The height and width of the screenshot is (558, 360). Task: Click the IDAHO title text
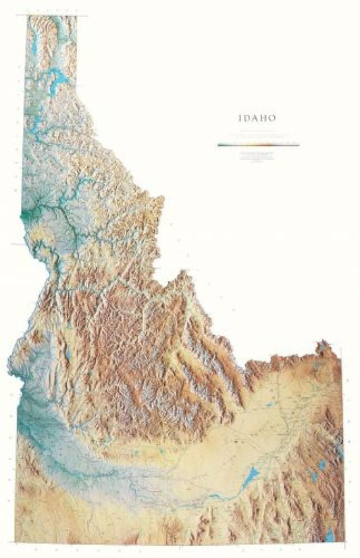pyautogui.click(x=256, y=118)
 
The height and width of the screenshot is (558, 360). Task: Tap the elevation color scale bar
pyautogui.click(x=258, y=144)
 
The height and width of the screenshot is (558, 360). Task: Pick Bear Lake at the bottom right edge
pyautogui.click(x=329, y=535)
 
